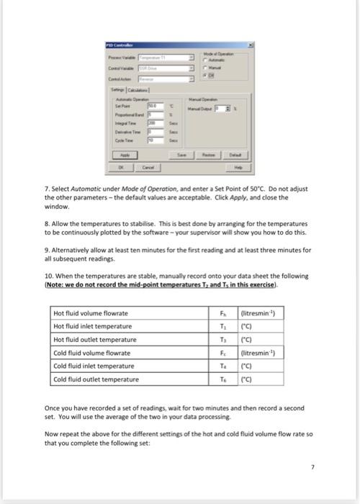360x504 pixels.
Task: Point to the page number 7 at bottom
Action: pyautogui.click(x=312, y=469)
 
